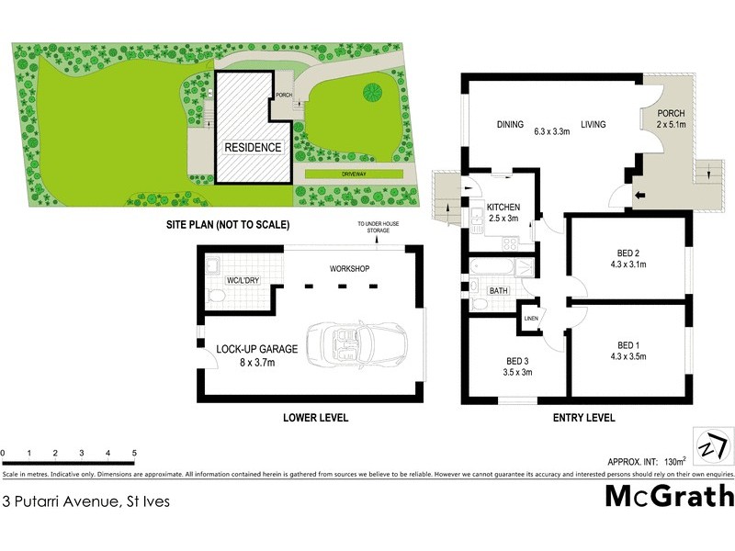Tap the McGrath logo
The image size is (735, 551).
pyautogui.click(x=669, y=495)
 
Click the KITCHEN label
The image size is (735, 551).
pyautogui.click(x=503, y=207)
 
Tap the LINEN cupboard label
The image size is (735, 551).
pyautogui.click(x=530, y=319)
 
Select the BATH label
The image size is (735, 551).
pyautogui.click(x=499, y=291)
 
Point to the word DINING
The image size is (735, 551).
pyautogui.click(x=510, y=125)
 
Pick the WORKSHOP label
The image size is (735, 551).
pyautogui.click(x=349, y=268)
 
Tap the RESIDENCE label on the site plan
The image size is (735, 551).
pyautogui.click(x=253, y=147)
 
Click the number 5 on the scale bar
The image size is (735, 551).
pyautogui.click(x=134, y=454)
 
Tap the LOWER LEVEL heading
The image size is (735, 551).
pyautogui.click(x=315, y=418)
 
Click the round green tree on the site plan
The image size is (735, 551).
pyautogui.click(x=373, y=93)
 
